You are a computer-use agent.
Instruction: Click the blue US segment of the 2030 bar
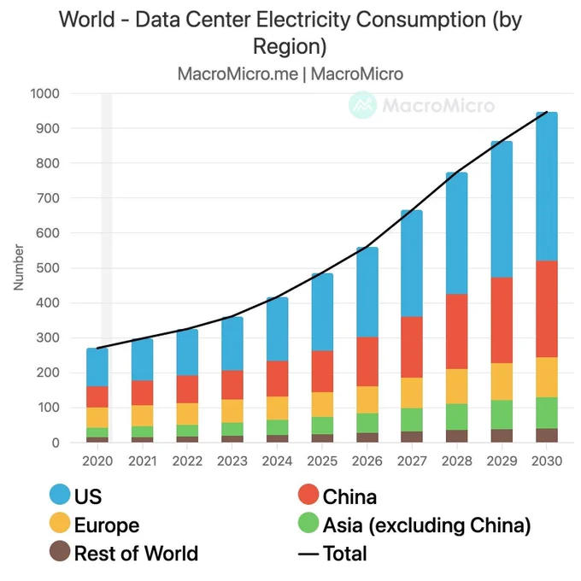[x=547, y=186]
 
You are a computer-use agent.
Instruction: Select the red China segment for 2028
[x=456, y=332]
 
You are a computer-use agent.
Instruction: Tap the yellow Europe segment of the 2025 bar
[x=322, y=405]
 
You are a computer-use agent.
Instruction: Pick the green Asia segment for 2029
[x=502, y=414]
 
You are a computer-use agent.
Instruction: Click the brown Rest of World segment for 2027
[x=412, y=437]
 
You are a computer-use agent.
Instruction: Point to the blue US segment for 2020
[x=97, y=367]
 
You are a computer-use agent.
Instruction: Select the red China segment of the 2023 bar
[x=232, y=385]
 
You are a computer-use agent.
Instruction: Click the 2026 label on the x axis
[x=367, y=461]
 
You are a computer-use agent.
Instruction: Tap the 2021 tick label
[x=143, y=461]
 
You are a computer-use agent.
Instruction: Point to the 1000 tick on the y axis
[x=44, y=94]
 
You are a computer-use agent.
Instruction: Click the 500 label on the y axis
[x=48, y=268]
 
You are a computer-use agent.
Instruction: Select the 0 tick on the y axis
[x=56, y=443]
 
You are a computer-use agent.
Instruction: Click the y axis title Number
[x=19, y=267]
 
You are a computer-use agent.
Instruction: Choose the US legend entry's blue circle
[x=60, y=495]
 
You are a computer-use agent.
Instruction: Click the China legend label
[x=349, y=496]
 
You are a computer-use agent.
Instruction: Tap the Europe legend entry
[x=95, y=525]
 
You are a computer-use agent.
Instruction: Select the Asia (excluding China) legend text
[x=427, y=525]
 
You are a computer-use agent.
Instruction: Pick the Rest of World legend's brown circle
[x=60, y=551]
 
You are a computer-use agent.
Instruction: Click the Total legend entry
[x=332, y=554]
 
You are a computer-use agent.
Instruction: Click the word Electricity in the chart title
[x=303, y=20]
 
